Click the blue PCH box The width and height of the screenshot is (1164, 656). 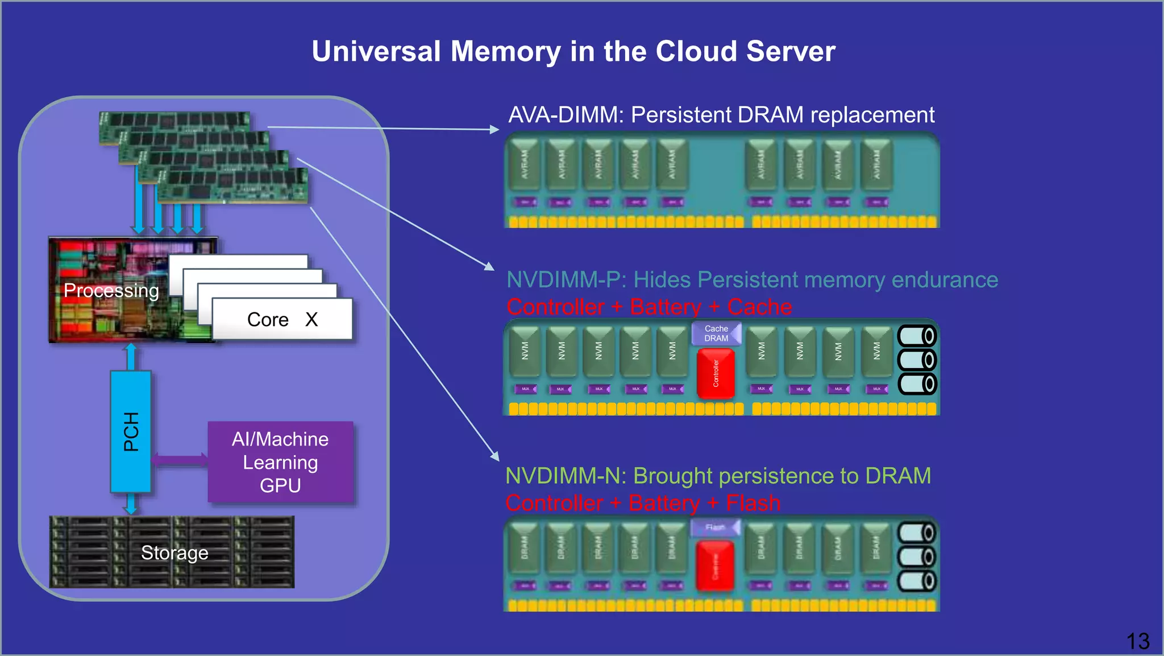(x=131, y=431)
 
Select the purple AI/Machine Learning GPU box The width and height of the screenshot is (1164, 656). (x=280, y=462)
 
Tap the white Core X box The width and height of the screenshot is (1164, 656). (x=282, y=319)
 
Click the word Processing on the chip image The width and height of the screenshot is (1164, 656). (x=111, y=291)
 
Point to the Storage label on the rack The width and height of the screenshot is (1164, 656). (x=174, y=552)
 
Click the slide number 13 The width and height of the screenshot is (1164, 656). (x=1138, y=641)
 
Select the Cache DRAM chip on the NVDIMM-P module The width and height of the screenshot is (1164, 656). (x=716, y=333)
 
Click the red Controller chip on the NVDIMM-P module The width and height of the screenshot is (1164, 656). (x=716, y=373)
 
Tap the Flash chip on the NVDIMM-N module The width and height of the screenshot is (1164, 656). (x=715, y=527)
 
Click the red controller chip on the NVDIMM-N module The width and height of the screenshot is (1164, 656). (x=715, y=566)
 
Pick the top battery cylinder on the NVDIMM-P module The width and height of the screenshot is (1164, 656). (x=917, y=336)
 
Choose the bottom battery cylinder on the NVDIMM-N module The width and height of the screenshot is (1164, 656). (x=917, y=581)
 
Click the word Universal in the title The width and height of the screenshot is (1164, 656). (x=376, y=51)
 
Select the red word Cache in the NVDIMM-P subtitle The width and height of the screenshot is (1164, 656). (x=759, y=307)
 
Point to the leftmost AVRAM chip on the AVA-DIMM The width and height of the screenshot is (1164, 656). (x=525, y=165)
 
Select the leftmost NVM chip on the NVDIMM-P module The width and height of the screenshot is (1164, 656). (x=525, y=351)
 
